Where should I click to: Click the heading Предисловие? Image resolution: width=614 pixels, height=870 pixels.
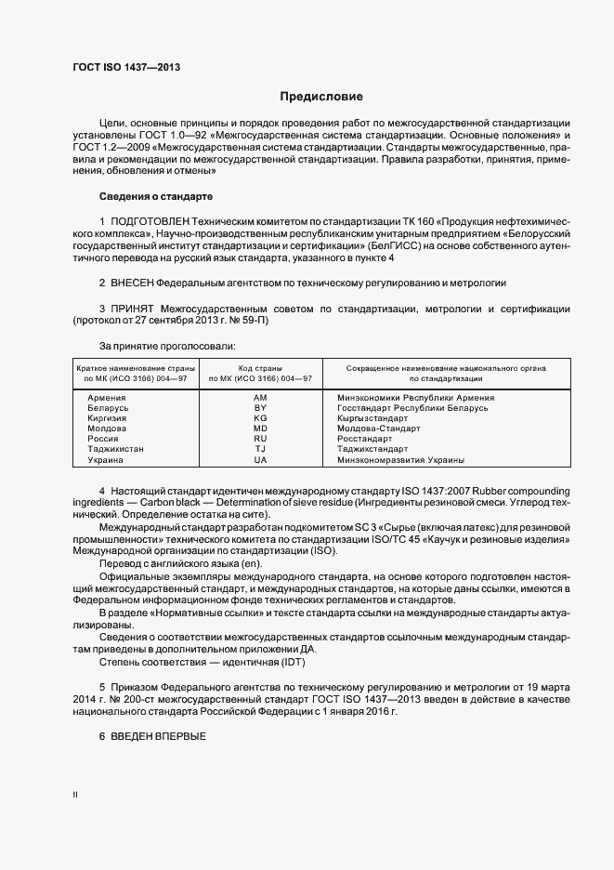pyautogui.click(x=321, y=97)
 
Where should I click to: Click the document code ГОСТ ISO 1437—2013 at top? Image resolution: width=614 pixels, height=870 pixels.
pyautogui.click(x=126, y=68)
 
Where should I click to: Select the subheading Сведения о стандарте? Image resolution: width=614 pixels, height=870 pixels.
pyautogui.click(x=156, y=196)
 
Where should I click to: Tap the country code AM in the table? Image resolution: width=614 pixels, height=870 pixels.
pyautogui.click(x=260, y=398)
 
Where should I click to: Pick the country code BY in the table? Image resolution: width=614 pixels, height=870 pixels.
pyautogui.click(x=260, y=408)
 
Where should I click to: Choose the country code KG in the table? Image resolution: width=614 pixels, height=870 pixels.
pyautogui.click(x=260, y=418)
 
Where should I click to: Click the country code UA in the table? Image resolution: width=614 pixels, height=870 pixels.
pyautogui.click(x=260, y=460)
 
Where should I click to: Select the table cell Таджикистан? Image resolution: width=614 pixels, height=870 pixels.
pyautogui.click(x=116, y=450)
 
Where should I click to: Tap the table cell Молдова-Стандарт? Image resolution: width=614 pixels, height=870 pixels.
pyautogui.click(x=379, y=428)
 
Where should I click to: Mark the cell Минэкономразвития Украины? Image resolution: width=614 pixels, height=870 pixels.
pyautogui.click(x=401, y=460)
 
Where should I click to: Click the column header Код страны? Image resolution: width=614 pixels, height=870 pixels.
pyautogui.click(x=260, y=369)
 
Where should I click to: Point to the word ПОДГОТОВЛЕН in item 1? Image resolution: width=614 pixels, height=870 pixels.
pyautogui.click(x=149, y=219)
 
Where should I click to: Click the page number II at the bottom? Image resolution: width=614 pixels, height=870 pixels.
pyautogui.click(x=75, y=796)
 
